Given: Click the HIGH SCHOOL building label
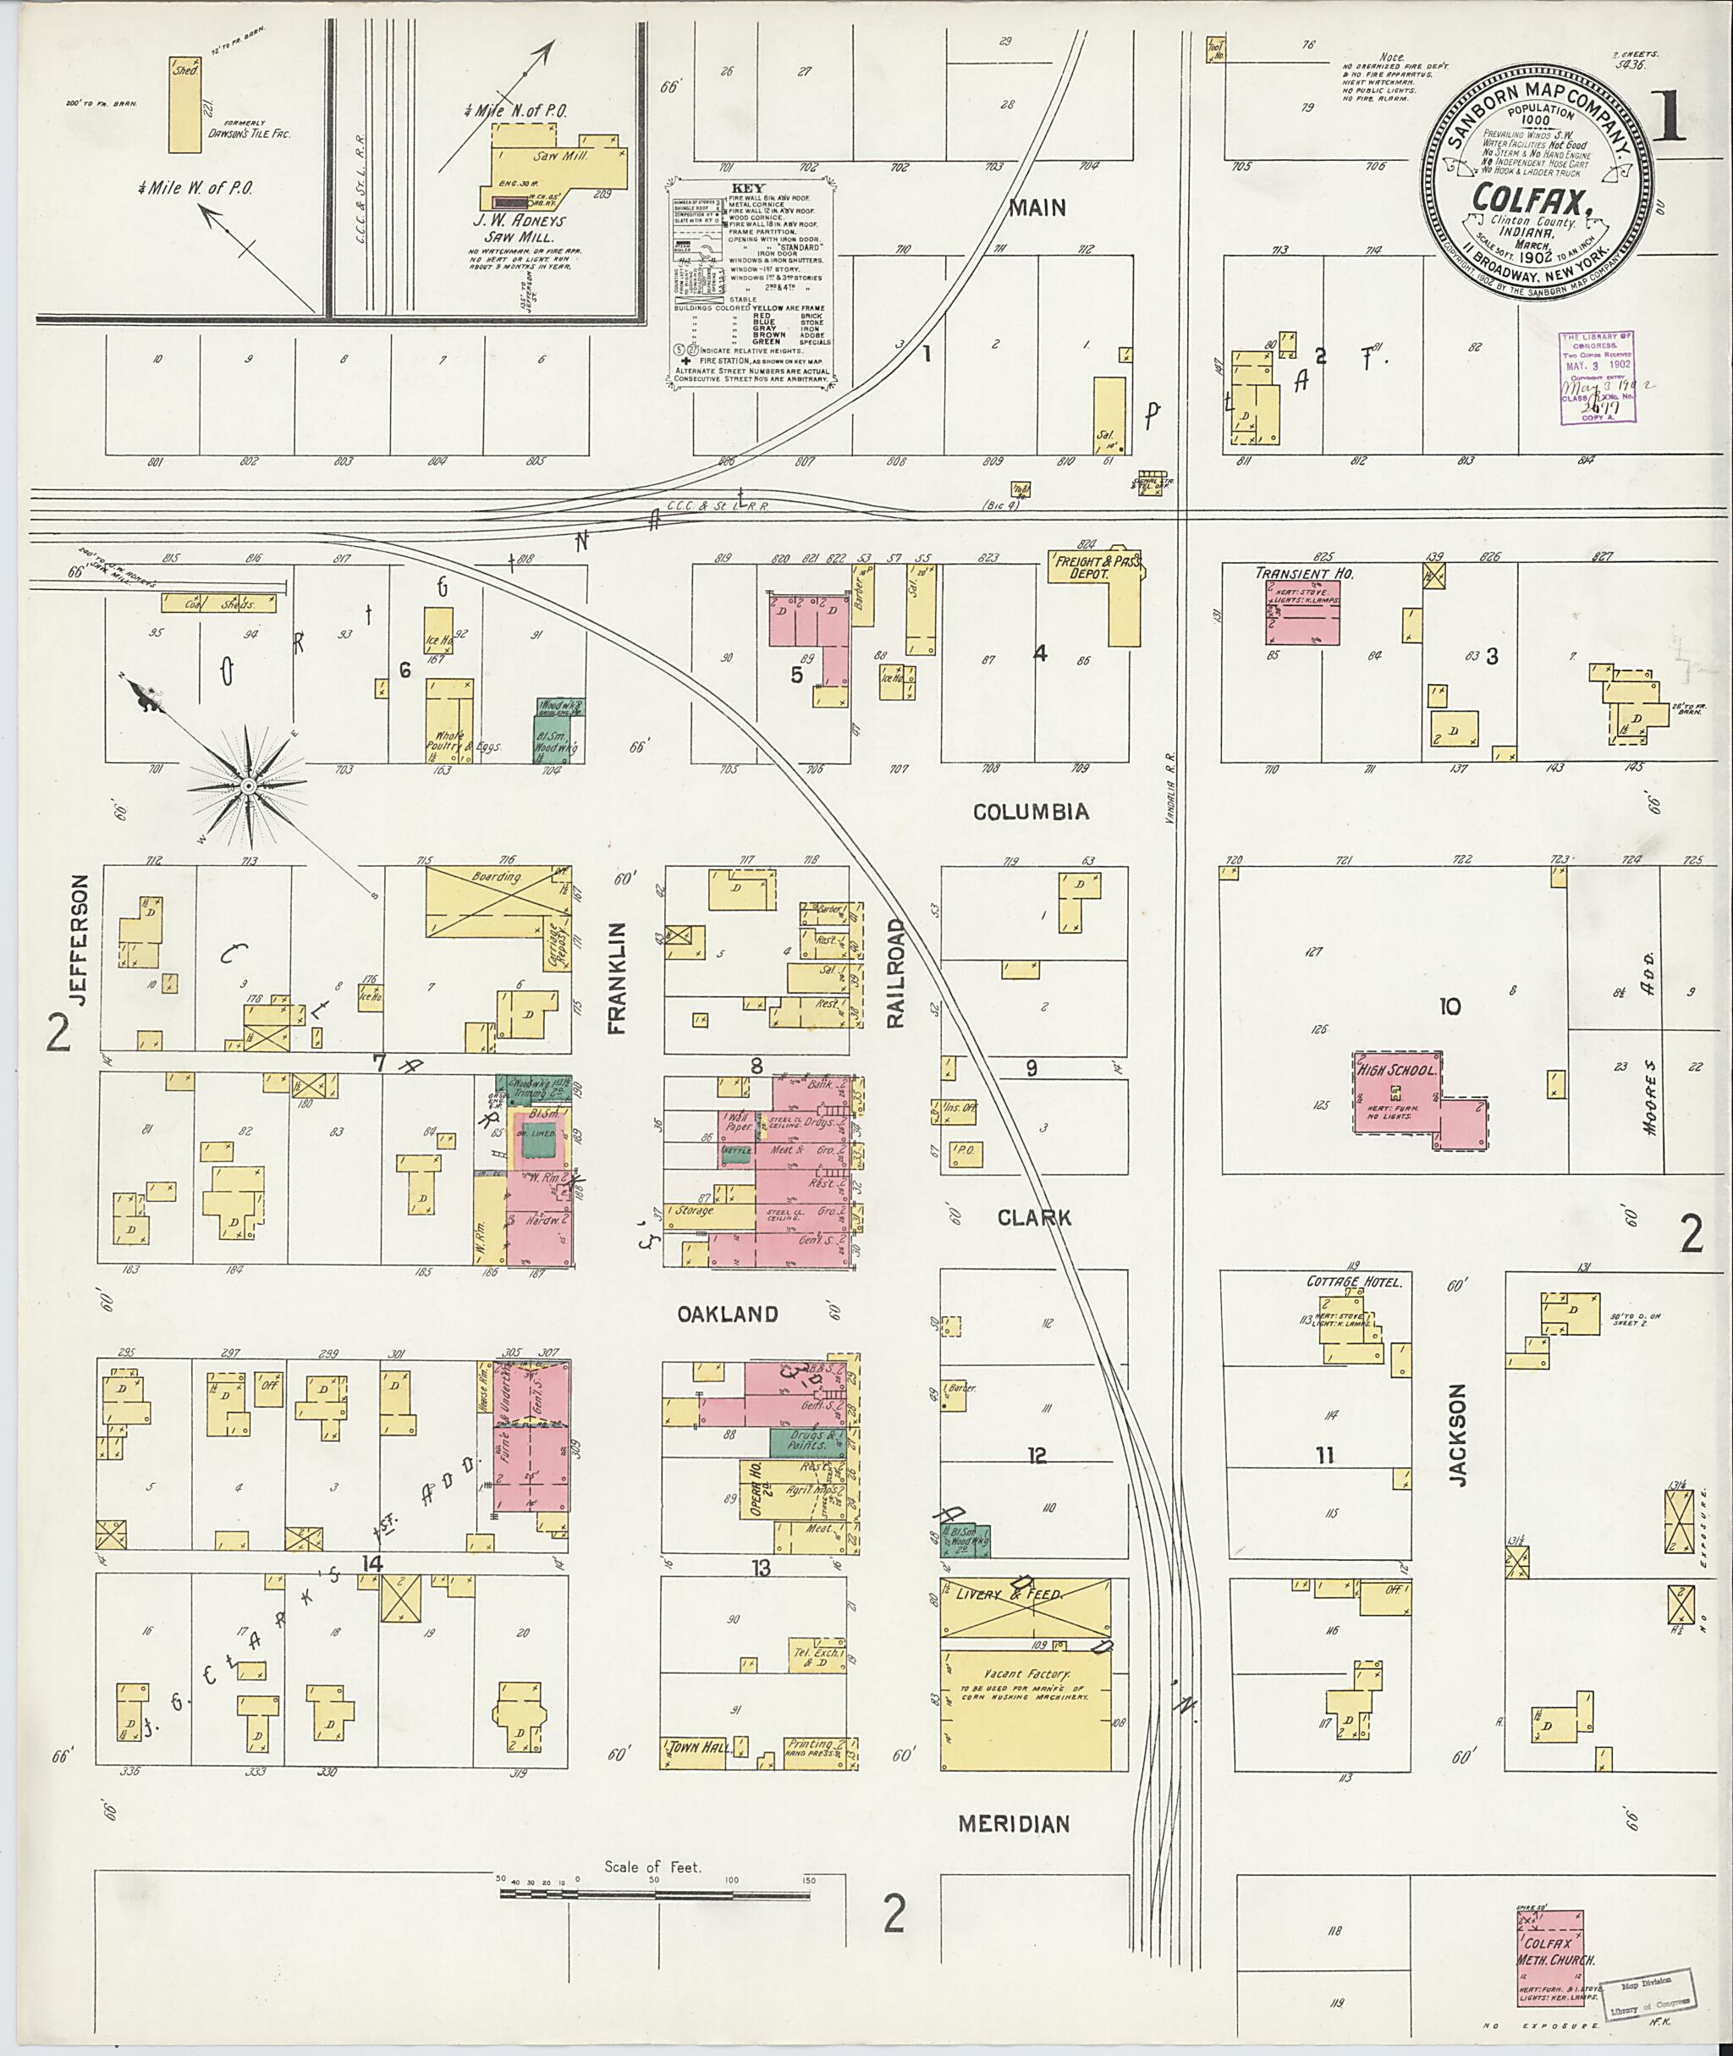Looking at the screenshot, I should click(x=1396, y=1069).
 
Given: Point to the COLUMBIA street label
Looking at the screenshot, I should click(x=1031, y=812).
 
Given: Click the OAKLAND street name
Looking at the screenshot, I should click(x=727, y=1314).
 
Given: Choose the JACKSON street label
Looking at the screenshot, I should click(x=1457, y=1434).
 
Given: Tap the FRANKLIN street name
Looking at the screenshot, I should click(x=616, y=978).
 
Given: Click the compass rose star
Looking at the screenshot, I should click(x=249, y=786).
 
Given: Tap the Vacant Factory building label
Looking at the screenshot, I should click(x=1026, y=1673).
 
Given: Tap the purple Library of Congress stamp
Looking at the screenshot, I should click(x=1598, y=377).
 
